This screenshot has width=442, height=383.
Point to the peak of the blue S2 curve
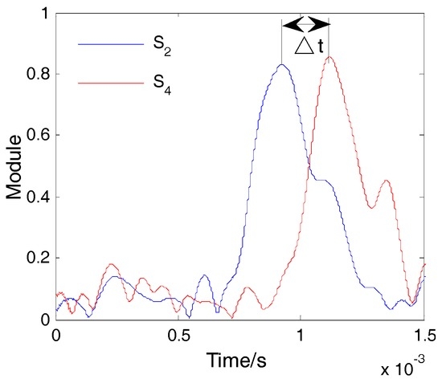pos(282,65)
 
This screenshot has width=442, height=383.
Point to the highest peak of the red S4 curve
pos(330,57)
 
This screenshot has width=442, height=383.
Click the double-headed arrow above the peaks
pos(305,23)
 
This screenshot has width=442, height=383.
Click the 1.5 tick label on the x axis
pos(424,334)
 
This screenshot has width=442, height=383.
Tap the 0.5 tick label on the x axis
pos(178,334)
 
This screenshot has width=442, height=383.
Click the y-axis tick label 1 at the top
pos(42,14)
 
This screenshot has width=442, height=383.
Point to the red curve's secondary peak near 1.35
pos(388,181)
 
